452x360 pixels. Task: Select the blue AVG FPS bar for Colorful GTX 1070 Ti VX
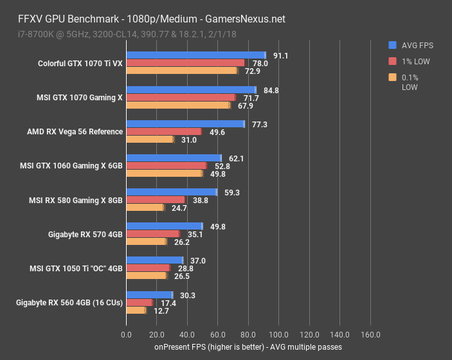[x=196, y=55]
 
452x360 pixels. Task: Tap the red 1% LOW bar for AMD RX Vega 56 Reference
[x=164, y=132]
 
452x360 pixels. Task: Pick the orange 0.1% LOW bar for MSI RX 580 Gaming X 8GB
[x=145, y=208]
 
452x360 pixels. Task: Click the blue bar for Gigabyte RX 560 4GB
[x=150, y=295]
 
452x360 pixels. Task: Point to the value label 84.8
[x=271, y=90]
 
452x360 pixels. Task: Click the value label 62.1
[x=237, y=158]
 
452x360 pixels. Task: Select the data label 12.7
[x=161, y=311]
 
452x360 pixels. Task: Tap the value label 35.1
[x=195, y=234]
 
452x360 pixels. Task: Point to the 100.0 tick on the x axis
[x=279, y=334]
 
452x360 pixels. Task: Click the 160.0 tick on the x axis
[x=370, y=334]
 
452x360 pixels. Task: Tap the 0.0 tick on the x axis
[x=127, y=334]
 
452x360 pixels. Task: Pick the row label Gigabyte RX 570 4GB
[x=85, y=234]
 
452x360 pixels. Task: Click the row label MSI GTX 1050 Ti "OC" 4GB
[x=76, y=268]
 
